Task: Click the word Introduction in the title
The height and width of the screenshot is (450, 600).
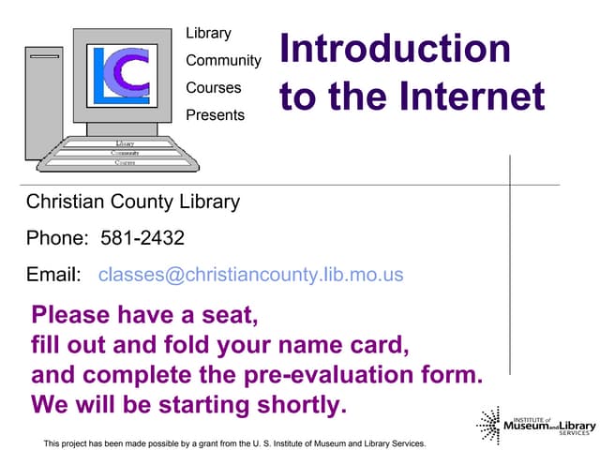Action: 395,50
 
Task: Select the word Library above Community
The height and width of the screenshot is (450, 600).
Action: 208,34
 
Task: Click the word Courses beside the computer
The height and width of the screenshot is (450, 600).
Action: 213,88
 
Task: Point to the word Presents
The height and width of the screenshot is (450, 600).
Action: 215,115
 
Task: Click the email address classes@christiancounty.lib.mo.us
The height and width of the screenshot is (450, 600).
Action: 250,275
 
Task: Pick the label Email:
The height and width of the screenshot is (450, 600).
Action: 53,275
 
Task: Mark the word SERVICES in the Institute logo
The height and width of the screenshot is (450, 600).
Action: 575,434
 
